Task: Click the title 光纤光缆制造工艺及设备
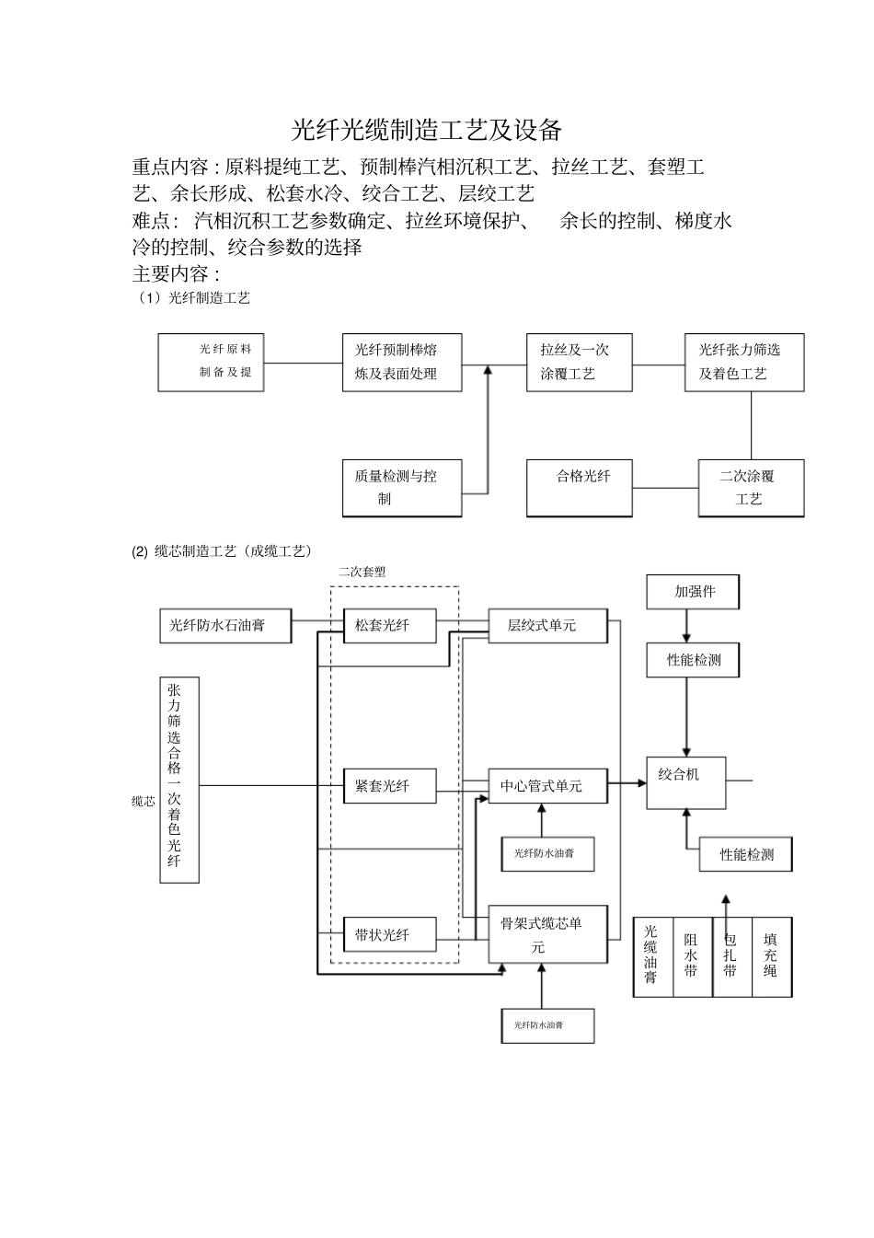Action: (x=427, y=130)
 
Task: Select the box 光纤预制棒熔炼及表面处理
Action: (x=401, y=363)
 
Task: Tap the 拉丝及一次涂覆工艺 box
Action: (x=579, y=363)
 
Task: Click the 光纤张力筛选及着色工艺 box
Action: (x=744, y=363)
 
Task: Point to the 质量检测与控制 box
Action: (x=401, y=488)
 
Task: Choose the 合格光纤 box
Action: (x=579, y=488)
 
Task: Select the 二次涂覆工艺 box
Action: (x=750, y=488)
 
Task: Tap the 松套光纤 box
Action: (x=389, y=626)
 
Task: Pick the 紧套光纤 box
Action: (x=389, y=786)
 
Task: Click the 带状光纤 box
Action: (x=389, y=935)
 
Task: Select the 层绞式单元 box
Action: (x=547, y=626)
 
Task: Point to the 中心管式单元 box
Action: (x=547, y=786)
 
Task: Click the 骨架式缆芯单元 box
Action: (x=547, y=934)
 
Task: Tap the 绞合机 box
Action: (x=685, y=783)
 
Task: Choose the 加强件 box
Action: (x=694, y=592)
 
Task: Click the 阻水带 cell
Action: (x=692, y=956)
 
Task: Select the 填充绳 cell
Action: (x=771, y=956)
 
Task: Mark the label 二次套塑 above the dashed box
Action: (x=362, y=572)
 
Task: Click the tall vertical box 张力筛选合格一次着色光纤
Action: (x=178, y=780)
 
